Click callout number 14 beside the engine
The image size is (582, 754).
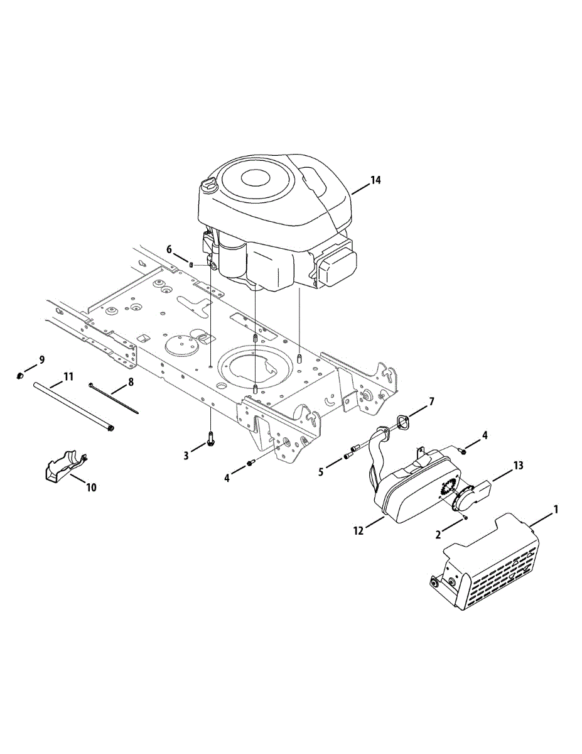375,180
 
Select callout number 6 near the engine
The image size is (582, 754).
169,250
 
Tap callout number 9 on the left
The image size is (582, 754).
42,360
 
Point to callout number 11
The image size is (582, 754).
68,376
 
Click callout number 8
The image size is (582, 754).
131,382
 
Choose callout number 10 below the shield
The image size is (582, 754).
91,488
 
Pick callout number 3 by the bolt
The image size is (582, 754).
186,456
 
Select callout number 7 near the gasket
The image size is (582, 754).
431,402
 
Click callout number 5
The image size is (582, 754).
321,473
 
